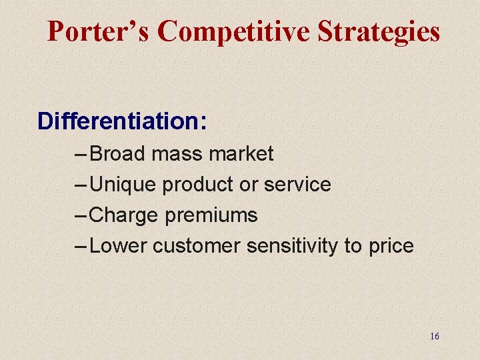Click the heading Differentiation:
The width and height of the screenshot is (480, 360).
122,121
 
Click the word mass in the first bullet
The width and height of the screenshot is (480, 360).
177,154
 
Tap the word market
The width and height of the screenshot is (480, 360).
241,154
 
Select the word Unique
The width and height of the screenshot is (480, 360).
123,185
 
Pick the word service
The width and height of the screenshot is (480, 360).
297,185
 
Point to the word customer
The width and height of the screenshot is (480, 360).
197,246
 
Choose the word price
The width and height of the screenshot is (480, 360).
391,246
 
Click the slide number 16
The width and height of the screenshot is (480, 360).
435,336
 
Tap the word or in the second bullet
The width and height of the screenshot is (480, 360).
249,185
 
